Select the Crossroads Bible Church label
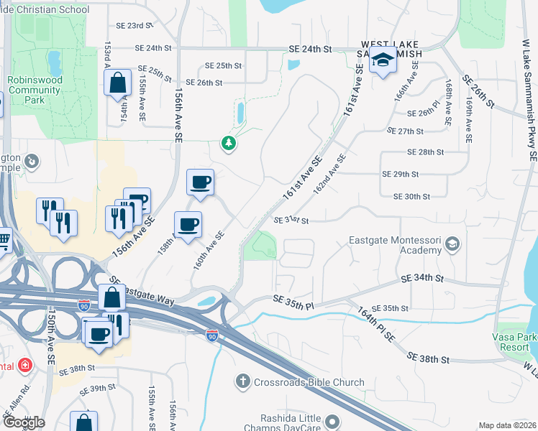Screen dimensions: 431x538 tap(309, 382)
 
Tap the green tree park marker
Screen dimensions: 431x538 tap(229, 144)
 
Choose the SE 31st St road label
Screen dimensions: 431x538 tap(291, 221)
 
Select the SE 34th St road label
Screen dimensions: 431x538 tap(421, 278)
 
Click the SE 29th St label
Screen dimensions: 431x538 tap(401, 174)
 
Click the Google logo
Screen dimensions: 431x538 tap(23, 422)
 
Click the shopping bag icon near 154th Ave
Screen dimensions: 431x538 tap(117, 83)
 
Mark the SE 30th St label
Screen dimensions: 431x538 tap(411, 196)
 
